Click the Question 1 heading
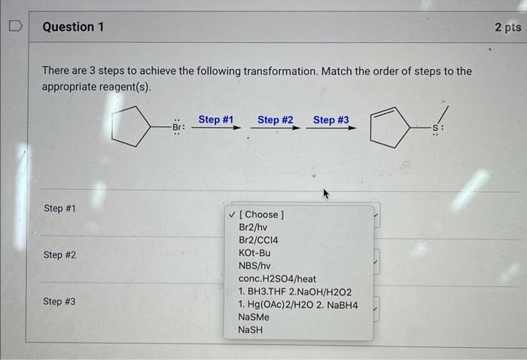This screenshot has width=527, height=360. (73, 27)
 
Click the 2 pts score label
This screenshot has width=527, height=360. (507, 27)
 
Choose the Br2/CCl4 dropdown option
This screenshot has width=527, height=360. (259, 239)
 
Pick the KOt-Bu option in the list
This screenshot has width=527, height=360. (254, 252)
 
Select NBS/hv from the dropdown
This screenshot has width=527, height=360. (254, 265)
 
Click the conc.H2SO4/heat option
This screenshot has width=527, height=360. (277, 278)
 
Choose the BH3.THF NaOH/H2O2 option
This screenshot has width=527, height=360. (294, 291)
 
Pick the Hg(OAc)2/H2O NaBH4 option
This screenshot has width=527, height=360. (297, 304)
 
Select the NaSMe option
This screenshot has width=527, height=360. (254, 317)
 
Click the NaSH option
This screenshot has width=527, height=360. (251, 330)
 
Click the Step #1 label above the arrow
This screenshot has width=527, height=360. (216, 120)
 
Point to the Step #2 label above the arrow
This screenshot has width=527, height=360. (275, 120)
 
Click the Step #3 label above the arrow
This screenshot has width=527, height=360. (331, 120)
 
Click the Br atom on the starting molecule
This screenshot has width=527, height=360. (178, 127)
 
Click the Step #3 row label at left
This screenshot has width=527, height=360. (59, 301)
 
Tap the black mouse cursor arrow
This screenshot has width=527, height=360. (327, 194)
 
